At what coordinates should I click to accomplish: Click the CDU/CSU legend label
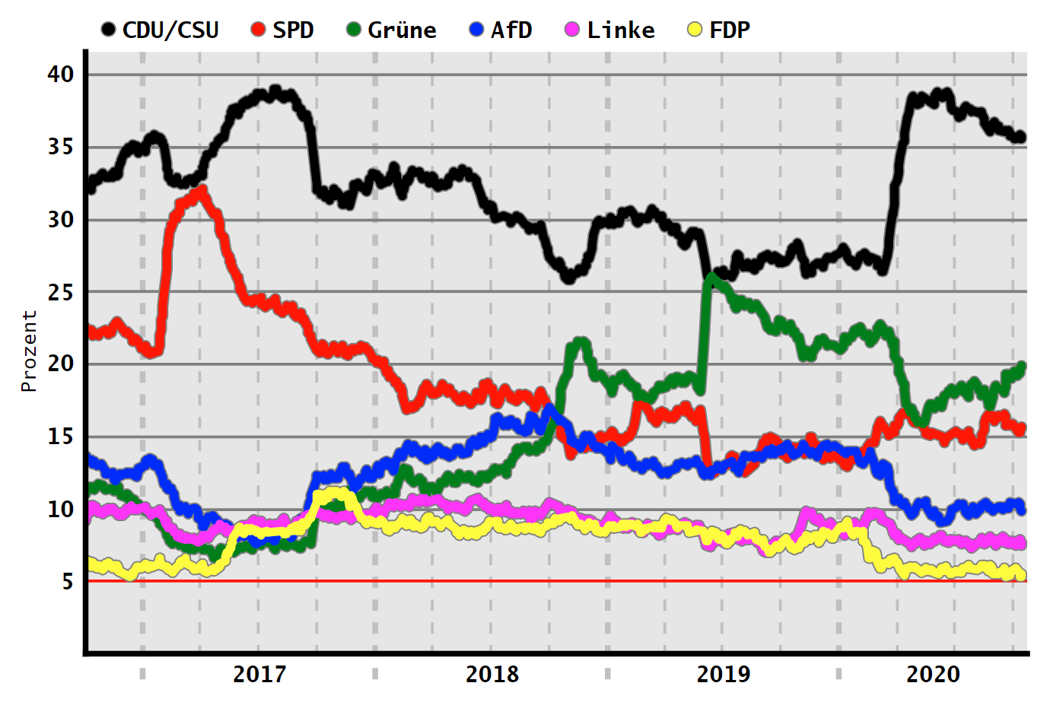click(170, 30)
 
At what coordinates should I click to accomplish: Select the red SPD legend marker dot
click(259, 30)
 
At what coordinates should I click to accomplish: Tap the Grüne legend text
click(402, 30)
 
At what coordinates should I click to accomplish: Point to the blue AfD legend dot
click(476, 30)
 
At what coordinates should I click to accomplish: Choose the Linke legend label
click(621, 30)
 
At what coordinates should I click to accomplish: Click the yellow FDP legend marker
click(694, 30)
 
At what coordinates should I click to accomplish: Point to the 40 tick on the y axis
click(61, 75)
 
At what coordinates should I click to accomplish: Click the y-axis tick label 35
click(61, 147)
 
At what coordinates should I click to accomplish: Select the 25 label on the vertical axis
click(61, 292)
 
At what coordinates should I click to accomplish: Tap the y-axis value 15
click(61, 437)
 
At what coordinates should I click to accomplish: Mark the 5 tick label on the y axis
click(68, 582)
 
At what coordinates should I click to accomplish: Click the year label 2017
click(259, 674)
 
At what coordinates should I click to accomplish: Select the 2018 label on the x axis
click(492, 674)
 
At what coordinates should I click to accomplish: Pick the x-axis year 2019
click(724, 674)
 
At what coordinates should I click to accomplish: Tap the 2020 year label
click(934, 674)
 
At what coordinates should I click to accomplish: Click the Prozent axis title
click(29, 351)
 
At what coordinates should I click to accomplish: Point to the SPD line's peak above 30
click(201, 191)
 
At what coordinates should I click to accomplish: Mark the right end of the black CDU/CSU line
click(1021, 137)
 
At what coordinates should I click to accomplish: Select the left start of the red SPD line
click(91, 332)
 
